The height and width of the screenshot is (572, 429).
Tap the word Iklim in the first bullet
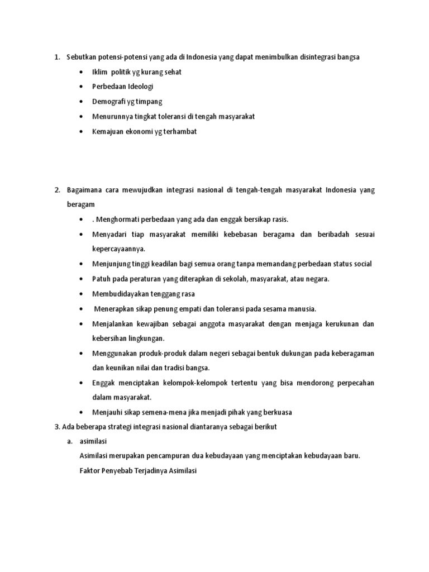(100, 72)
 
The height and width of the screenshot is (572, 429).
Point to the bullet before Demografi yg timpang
(82, 102)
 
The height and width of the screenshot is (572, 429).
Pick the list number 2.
(57, 190)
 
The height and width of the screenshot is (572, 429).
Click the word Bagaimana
(84, 190)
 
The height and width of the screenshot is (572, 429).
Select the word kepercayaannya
(118, 249)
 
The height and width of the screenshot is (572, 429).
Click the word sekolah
(242, 279)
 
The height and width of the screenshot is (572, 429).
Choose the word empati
(191, 309)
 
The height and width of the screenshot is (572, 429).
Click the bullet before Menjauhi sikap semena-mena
(82, 413)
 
